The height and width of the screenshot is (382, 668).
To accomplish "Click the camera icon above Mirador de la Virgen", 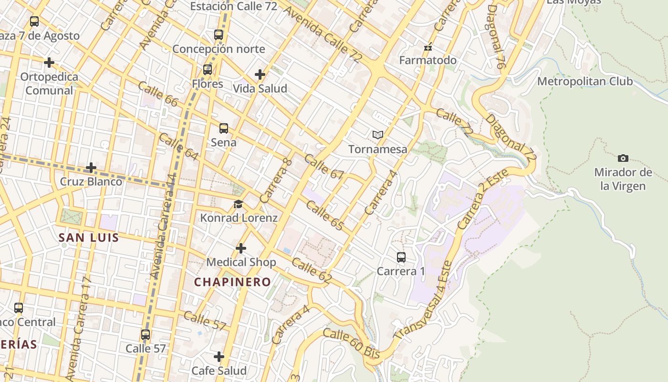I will pyautogui.click(x=623, y=158).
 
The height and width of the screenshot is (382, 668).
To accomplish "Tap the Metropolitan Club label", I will pyautogui.click(x=585, y=81).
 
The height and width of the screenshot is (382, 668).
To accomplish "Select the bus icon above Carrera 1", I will pyautogui.click(x=401, y=257).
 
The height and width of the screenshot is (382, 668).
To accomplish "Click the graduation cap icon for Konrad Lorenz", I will pyautogui.click(x=238, y=204).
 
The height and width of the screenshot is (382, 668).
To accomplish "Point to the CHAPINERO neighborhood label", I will pyautogui.click(x=232, y=282).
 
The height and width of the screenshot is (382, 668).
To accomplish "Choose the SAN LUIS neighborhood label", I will pyautogui.click(x=89, y=237).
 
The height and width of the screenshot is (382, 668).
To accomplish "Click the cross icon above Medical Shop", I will pyautogui.click(x=241, y=248).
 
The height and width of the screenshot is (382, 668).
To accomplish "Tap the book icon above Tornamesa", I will pyautogui.click(x=378, y=135).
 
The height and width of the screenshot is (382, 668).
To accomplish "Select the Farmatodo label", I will pyautogui.click(x=428, y=60).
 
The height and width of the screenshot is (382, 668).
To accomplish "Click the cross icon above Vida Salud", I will pyautogui.click(x=260, y=74).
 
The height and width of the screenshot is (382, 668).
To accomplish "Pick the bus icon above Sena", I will pyautogui.click(x=224, y=128).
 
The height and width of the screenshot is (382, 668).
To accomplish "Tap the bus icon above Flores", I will pyautogui.click(x=208, y=70).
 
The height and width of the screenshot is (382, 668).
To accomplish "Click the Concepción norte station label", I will pyautogui.click(x=219, y=49).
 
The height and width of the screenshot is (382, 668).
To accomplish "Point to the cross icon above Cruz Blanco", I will pyautogui.click(x=91, y=168).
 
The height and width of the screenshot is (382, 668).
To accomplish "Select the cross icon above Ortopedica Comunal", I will pyautogui.click(x=49, y=63).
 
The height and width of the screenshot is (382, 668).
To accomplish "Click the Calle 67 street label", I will pyautogui.click(x=324, y=167).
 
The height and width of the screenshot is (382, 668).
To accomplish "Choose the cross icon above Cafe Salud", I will pyautogui.click(x=219, y=357).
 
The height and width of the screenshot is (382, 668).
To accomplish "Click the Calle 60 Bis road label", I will pyautogui.click(x=351, y=343).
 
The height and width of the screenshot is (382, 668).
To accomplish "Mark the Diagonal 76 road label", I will pyautogui.click(x=496, y=37).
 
